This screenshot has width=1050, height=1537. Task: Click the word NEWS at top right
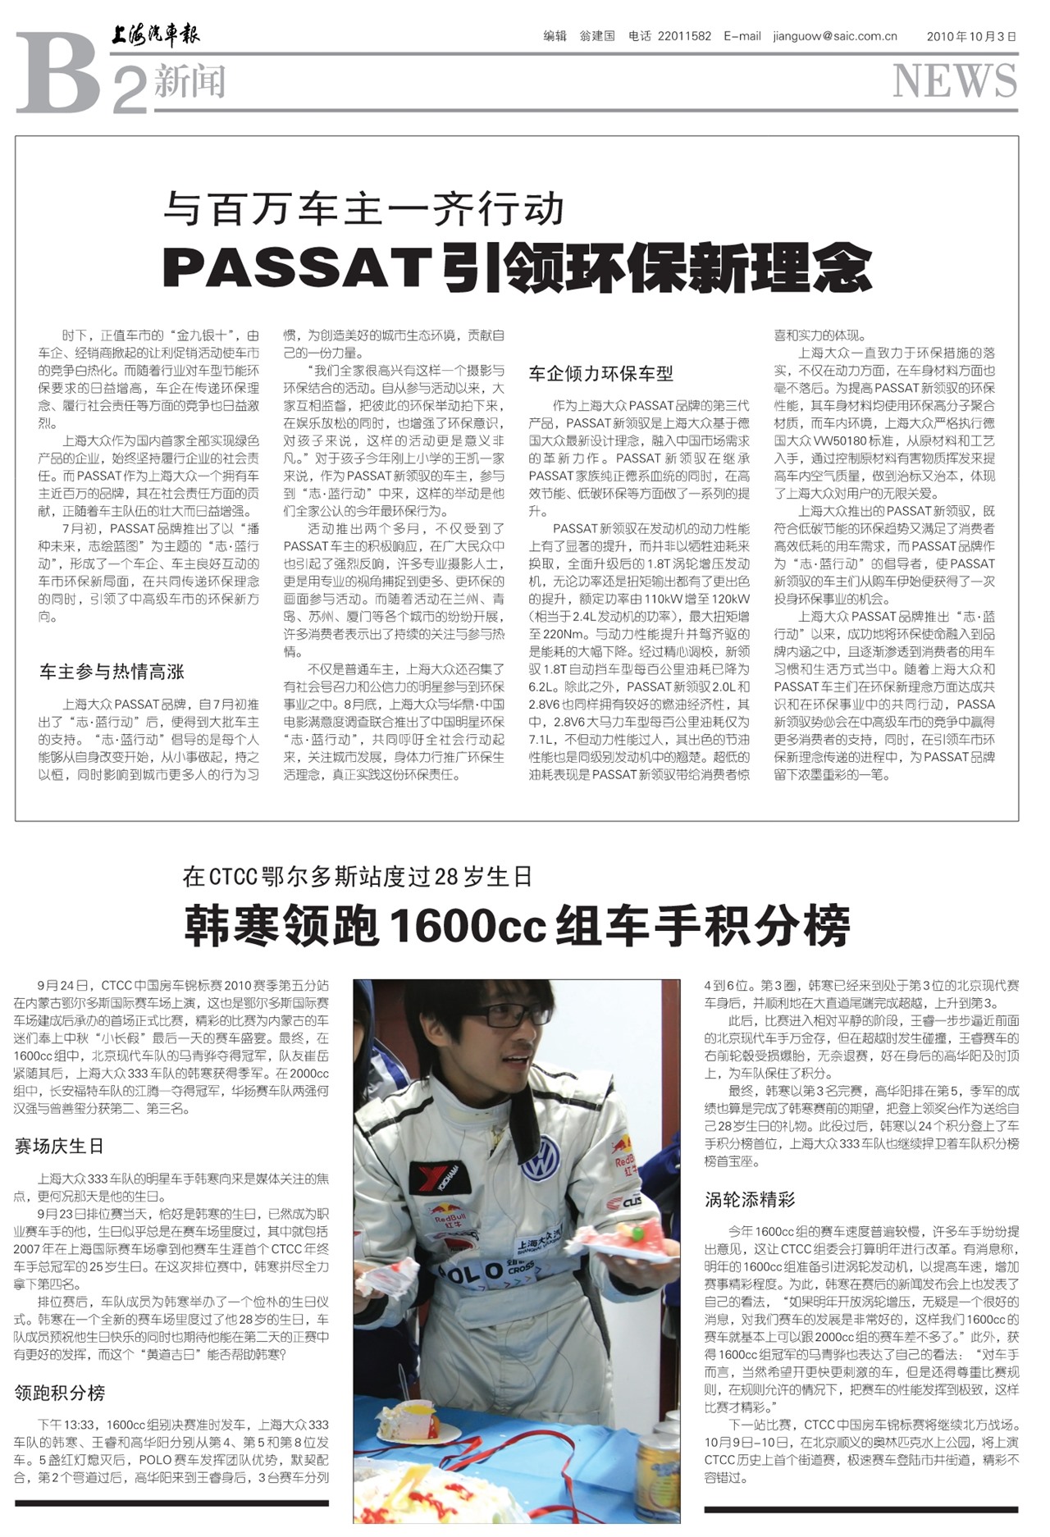[955, 80]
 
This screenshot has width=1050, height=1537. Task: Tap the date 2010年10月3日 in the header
[971, 36]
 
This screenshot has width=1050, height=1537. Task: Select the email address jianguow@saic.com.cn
[834, 36]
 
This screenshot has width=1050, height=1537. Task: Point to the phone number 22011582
[684, 36]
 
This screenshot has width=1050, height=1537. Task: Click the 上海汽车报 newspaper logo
[156, 35]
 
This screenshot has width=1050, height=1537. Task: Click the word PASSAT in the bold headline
[298, 266]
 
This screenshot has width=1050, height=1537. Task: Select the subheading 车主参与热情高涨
[112, 672]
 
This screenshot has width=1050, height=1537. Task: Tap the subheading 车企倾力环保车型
[600, 374]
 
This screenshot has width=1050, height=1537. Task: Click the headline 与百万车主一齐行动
[363, 208]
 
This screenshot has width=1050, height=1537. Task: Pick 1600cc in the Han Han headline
[468, 926]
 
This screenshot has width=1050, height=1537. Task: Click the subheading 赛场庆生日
[59, 1146]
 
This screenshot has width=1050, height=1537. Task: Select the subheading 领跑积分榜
[59, 1393]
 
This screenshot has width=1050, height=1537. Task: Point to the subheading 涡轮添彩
[750, 1200]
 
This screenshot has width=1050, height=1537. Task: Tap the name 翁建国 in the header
[596, 36]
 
